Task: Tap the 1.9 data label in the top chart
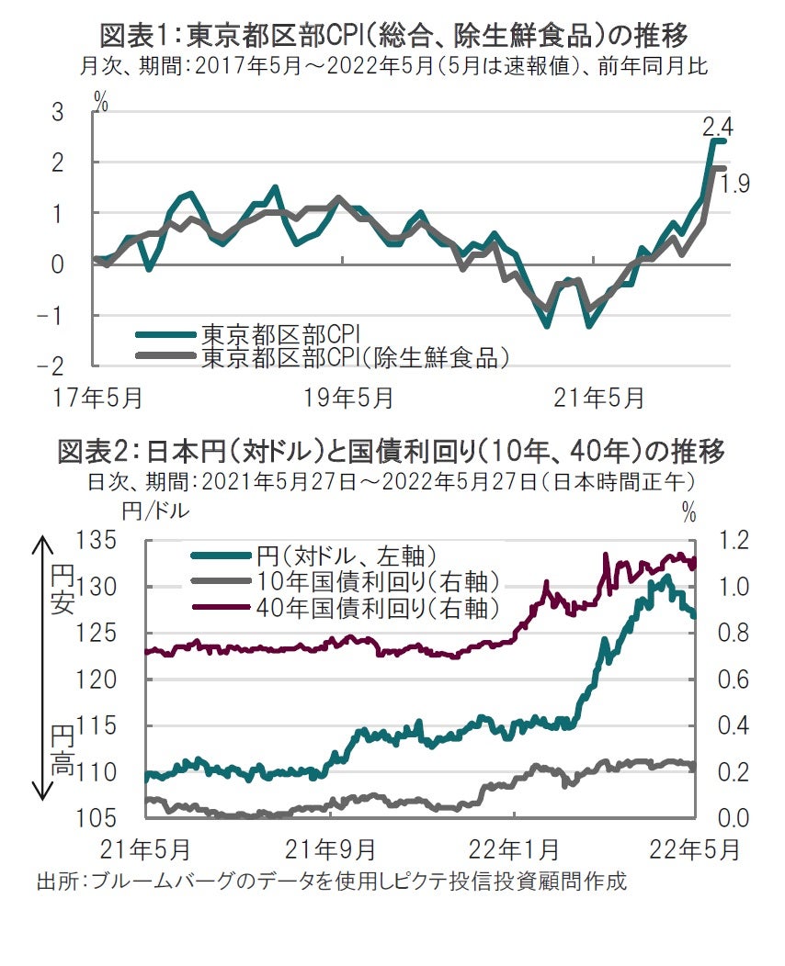[735, 185]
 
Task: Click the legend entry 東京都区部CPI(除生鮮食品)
[355, 357]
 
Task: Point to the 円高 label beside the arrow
[62, 749]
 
